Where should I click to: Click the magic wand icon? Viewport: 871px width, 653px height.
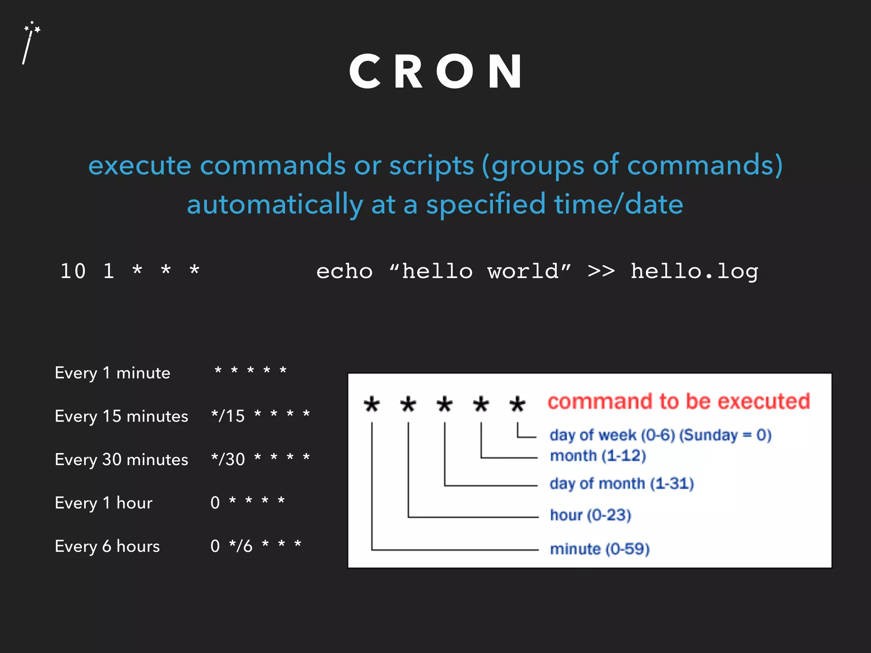30,43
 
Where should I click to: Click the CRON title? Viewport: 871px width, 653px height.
436,72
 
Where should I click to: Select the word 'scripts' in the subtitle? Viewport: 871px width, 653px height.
431,165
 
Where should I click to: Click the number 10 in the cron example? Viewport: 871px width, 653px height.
73,271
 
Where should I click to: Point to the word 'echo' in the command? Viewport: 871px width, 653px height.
344,271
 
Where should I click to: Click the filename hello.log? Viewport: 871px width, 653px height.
694,271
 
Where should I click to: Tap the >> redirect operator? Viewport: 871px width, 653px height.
601,271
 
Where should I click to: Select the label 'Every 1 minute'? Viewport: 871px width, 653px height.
113,373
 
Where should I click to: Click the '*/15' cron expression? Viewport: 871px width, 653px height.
228,416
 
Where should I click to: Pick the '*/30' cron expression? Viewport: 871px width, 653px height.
228,459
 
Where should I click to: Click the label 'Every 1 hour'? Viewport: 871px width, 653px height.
104,503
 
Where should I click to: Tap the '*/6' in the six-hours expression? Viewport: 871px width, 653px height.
241,546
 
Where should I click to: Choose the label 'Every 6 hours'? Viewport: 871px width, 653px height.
108,546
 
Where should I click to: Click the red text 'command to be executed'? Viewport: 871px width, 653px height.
679,402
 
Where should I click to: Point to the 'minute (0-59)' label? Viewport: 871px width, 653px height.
600,549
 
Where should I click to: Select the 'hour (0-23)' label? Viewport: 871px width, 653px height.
590,515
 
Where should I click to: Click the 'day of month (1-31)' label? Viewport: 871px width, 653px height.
621,483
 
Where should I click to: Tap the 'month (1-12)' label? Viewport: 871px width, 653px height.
598,456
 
